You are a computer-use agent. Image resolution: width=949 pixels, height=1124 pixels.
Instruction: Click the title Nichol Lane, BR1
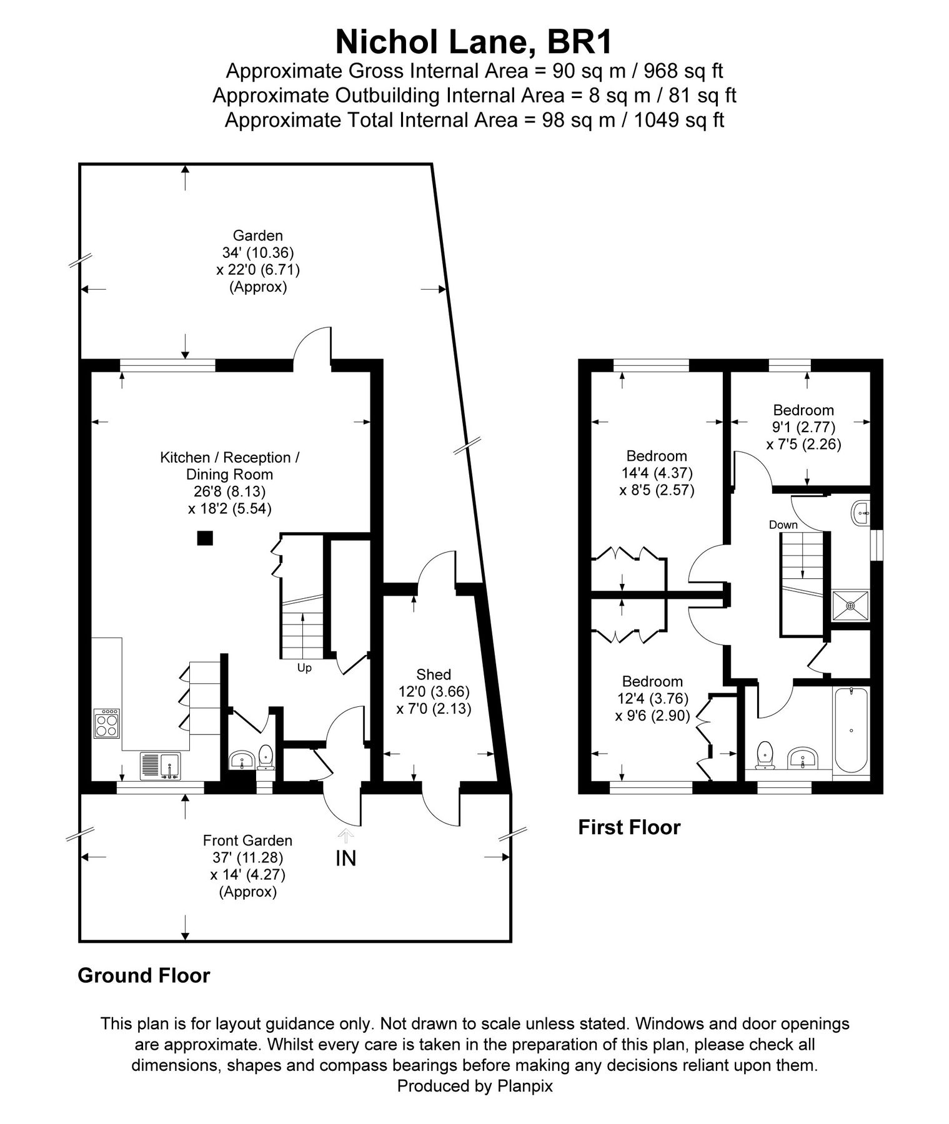pyautogui.click(x=474, y=42)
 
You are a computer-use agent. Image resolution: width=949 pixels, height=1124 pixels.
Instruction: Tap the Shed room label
pyautogui.click(x=434, y=674)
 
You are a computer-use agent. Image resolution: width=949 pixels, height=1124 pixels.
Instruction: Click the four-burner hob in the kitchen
pyautogui.click(x=107, y=724)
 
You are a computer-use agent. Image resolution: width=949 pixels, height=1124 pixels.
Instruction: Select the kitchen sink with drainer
pyautogui.click(x=161, y=766)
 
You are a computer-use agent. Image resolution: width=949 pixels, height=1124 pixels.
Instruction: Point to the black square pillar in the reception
pyautogui.click(x=205, y=538)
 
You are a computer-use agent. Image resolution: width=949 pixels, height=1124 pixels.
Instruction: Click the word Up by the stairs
pyautogui.click(x=304, y=668)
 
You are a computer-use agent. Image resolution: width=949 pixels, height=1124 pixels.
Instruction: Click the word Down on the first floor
pyautogui.click(x=783, y=525)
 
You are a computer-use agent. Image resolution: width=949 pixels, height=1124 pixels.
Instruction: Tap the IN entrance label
pyautogui.click(x=345, y=859)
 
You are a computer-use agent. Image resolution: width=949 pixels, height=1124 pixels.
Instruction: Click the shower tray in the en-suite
pyautogui.click(x=850, y=605)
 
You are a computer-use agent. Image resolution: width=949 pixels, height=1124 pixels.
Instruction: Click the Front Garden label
pyautogui.click(x=247, y=841)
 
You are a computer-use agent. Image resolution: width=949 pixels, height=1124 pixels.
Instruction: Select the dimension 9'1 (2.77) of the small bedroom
pyautogui.click(x=803, y=427)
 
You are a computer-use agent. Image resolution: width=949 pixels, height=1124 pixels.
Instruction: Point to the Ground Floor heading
pyautogui.click(x=144, y=975)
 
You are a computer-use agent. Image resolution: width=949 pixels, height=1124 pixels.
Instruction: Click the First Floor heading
pyautogui.click(x=629, y=827)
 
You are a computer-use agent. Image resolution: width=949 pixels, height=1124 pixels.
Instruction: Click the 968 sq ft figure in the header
pyautogui.click(x=683, y=71)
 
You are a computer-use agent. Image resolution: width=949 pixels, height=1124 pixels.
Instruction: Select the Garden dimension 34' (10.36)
pyautogui.click(x=257, y=253)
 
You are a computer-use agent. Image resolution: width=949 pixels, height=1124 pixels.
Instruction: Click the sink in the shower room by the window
pyautogui.click(x=862, y=513)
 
